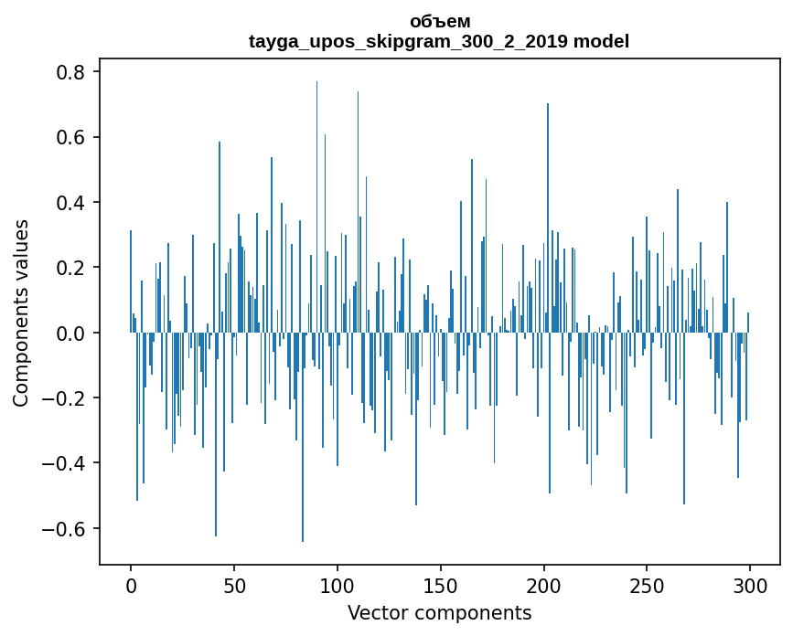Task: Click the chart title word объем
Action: tap(439, 21)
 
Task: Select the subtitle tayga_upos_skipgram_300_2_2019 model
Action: tap(439, 41)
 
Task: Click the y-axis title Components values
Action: tap(21, 313)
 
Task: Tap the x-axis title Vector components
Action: tap(439, 612)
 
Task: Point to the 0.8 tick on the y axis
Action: tap(74, 72)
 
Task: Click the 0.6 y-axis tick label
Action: tap(74, 137)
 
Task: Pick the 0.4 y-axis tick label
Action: tap(74, 203)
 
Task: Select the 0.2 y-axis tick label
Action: tap(74, 268)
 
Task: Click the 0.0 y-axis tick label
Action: tap(74, 334)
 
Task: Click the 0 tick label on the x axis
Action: tap(131, 584)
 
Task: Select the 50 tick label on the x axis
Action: tap(234, 584)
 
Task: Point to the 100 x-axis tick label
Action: tap(338, 584)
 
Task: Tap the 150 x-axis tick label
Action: tap(441, 584)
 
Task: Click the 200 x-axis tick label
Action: tap(544, 584)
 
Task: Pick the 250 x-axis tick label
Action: tap(647, 584)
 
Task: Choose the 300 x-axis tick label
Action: tap(750, 584)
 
